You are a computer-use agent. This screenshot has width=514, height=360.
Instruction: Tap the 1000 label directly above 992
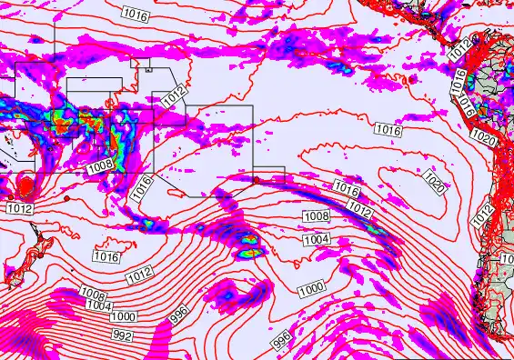(x=124, y=315)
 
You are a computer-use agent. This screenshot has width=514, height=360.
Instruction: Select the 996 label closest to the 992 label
(x=178, y=316)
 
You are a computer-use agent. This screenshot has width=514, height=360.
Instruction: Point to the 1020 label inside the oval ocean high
(x=435, y=187)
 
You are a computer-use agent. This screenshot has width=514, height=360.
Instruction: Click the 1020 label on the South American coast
(x=483, y=141)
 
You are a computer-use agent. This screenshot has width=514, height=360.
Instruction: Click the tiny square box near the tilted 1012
(x=148, y=67)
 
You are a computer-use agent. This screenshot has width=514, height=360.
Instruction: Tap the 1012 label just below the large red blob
(x=20, y=209)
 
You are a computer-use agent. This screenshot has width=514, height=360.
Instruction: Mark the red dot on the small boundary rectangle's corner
(x=257, y=180)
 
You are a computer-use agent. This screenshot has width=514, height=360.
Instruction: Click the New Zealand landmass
(x=16, y=255)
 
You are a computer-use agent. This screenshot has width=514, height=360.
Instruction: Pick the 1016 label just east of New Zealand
(x=106, y=256)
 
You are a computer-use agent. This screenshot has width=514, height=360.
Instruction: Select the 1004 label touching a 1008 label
(x=99, y=305)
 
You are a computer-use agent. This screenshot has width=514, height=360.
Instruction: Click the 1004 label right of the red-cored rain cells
(x=316, y=239)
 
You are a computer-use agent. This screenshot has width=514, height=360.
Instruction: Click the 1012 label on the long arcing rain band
(x=361, y=211)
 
